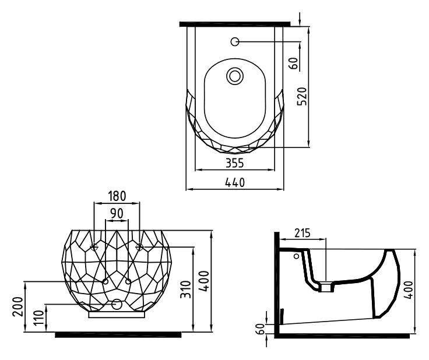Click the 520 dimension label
point(302,96)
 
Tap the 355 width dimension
point(234,163)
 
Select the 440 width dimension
point(235,182)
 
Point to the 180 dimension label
point(117,196)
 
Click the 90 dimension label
point(117,213)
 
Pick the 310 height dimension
point(187,289)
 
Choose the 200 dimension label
point(18,306)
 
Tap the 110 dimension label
point(39,317)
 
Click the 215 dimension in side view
point(303,233)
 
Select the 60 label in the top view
point(293,63)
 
